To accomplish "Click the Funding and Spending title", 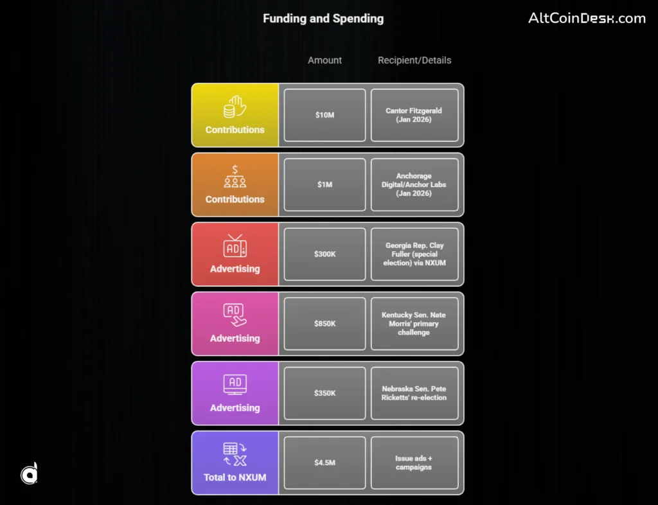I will (x=323, y=18).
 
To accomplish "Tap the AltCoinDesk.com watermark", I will (x=587, y=18).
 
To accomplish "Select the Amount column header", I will (x=325, y=60).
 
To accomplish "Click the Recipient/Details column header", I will (x=414, y=60).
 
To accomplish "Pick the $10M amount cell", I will (x=325, y=115).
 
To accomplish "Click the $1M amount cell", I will (x=325, y=184).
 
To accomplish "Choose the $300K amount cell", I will (x=325, y=254).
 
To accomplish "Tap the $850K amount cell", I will (x=325, y=323).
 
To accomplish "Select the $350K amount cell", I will (x=325, y=393).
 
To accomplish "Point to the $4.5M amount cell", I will (x=325, y=462).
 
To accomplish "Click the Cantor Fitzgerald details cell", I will (x=414, y=115).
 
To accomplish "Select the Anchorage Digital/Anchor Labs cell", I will (x=414, y=184).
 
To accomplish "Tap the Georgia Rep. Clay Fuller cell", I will (x=414, y=254).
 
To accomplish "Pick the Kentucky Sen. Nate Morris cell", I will (x=414, y=323).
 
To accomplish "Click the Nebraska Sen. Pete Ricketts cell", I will (x=414, y=393).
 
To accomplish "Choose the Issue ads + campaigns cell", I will (x=414, y=462).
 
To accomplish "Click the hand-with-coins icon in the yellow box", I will (x=235, y=107).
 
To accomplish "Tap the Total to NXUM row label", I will (x=235, y=477).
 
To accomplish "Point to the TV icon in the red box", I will (x=235, y=246).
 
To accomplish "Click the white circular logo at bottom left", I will (x=29, y=474).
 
